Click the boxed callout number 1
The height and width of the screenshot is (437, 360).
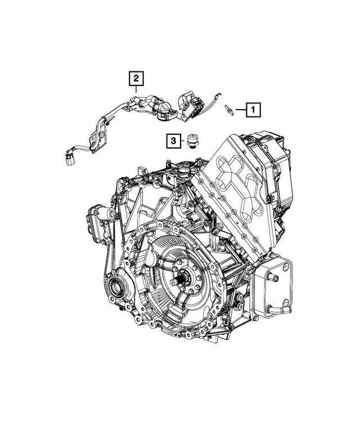coord(253,110)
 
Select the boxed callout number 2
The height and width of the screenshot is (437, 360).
coord(136,78)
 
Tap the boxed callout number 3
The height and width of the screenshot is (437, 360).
coord(174,141)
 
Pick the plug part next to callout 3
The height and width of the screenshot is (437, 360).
coord(191,141)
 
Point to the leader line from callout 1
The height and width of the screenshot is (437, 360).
coord(241,110)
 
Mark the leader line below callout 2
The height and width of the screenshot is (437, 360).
coord(136,89)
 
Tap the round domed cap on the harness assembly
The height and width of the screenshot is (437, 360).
coord(166,107)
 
